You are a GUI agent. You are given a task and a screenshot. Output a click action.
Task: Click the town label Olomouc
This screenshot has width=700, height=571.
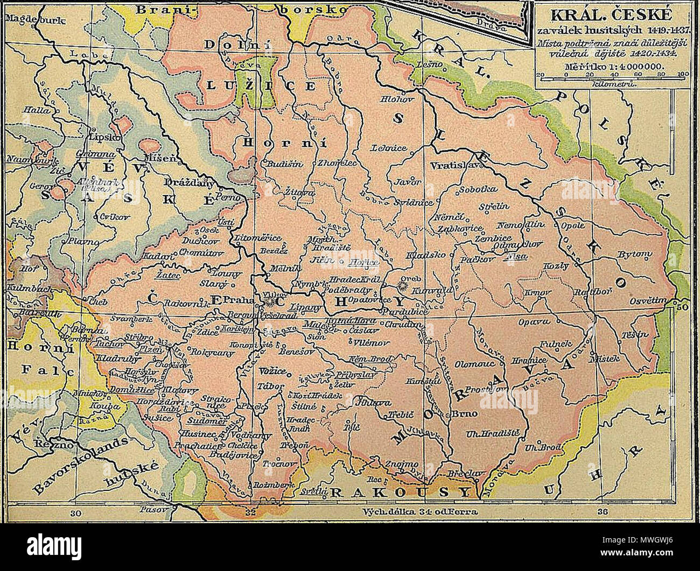tap(472, 363)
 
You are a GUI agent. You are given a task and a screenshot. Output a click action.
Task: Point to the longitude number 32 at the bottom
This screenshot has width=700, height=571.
tap(249, 512)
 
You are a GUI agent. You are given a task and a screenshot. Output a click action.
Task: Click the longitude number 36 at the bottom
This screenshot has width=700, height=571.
tap(604, 512)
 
